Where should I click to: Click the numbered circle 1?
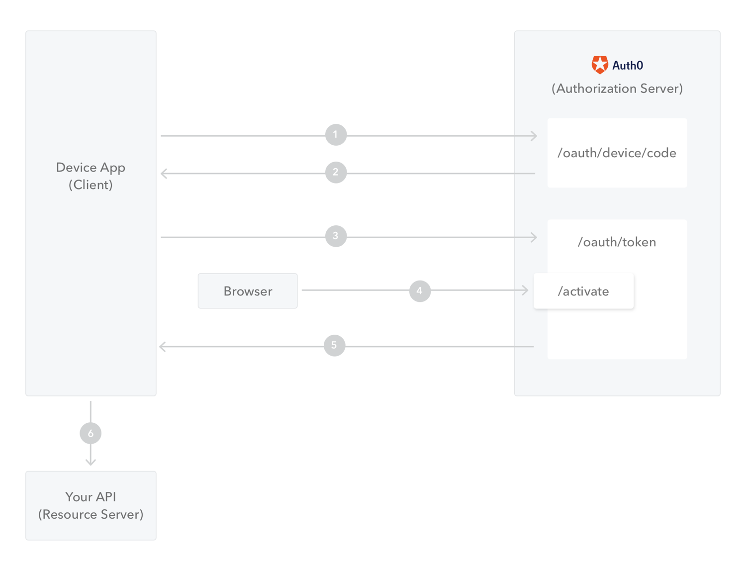pos(335,135)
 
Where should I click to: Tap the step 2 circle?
pos(335,172)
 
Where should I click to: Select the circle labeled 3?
pos(335,236)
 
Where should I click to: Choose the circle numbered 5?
pos(334,345)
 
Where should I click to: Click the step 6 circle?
pos(91,433)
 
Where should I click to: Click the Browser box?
pos(247,290)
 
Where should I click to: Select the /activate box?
pos(583,290)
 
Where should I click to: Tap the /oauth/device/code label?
pos(617,153)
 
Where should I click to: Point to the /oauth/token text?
pos(617,242)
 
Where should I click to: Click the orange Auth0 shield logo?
pos(599,65)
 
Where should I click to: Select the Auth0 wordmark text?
pos(628,65)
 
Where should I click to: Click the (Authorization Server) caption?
pos(617,89)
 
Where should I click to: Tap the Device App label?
pos(91,168)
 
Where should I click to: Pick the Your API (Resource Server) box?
pos(91,505)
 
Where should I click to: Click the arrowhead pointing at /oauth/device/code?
pos(534,136)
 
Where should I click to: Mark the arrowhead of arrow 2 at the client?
pos(164,174)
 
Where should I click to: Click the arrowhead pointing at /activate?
pos(525,290)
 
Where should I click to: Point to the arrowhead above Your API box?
pos(91,462)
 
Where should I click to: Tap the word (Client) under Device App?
pos(91,185)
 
